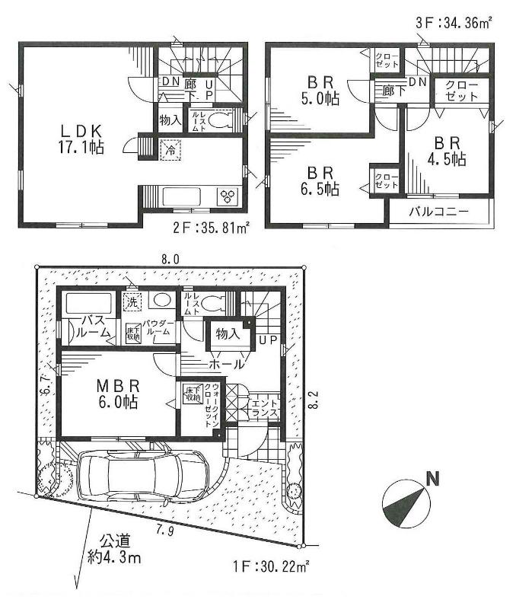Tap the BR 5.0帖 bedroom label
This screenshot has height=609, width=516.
pyautogui.click(x=323, y=90)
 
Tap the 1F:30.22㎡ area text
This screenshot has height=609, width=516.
pyautogui.click(x=271, y=566)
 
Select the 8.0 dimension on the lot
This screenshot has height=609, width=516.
pyautogui.click(x=170, y=260)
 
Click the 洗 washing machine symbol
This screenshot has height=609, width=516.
pyautogui.click(x=132, y=301)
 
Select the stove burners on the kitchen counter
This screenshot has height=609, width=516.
pyautogui.click(x=228, y=196)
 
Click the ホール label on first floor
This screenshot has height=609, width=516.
pyautogui.click(x=228, y=364)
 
